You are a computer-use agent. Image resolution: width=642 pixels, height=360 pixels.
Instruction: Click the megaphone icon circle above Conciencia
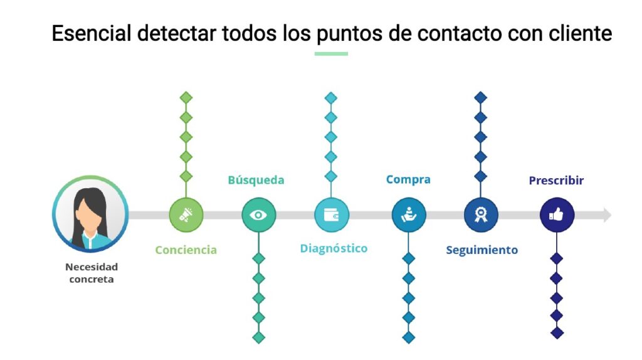click(186, 214)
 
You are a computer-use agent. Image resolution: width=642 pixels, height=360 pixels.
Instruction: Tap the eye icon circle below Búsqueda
click(258, 214)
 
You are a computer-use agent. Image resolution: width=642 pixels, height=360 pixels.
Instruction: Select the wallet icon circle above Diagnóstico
click(331, 214)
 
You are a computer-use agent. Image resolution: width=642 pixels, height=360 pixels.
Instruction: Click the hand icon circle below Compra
click(409, 214)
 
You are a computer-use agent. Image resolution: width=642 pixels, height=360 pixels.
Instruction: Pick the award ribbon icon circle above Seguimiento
click(481, 214)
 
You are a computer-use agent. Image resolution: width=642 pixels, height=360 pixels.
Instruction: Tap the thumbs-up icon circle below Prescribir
click(557, 214)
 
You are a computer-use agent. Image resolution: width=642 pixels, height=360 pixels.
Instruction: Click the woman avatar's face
click(90, 216)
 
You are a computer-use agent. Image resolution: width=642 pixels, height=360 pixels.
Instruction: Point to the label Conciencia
click(186, 250)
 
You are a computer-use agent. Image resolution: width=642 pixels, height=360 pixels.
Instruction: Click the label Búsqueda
click(256, 180)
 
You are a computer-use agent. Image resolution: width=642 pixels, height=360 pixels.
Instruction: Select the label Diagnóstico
click(334, 248)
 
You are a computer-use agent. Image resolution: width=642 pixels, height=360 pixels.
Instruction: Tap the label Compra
click(408, 179)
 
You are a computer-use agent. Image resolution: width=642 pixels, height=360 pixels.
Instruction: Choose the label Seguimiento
click(482, 250)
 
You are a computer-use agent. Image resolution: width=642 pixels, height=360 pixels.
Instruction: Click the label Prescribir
click(556, 180)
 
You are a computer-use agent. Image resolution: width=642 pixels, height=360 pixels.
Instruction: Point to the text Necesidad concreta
click(92, 273)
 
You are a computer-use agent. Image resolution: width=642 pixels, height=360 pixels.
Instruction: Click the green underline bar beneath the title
click(331, 54)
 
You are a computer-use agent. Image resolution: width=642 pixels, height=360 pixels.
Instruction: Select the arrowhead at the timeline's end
click(608, 214)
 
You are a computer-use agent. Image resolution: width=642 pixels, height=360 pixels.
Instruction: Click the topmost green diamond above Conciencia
click(186, 98)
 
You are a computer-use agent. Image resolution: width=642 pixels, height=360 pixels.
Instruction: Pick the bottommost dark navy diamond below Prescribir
click(557, 332)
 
